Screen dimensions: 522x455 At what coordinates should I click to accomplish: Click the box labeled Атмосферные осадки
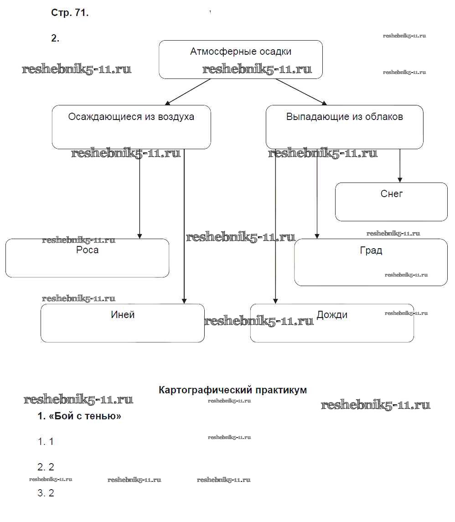click(241, 59)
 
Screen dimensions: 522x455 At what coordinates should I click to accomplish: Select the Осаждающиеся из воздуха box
click(131, 127)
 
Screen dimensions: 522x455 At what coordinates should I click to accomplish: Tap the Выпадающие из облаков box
click(344, 127)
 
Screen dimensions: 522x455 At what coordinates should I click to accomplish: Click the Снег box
click(391, 202)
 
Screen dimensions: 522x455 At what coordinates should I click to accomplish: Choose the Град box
click(371, 262)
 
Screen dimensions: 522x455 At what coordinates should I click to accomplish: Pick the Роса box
click(87, 258)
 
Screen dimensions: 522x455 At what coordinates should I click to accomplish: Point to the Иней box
click(122, 323)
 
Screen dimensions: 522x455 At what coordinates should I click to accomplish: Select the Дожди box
click(332, 323)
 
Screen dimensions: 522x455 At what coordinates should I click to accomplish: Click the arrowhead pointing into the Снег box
click(400, 179)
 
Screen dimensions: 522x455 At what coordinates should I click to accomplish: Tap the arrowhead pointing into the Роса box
click(140, 235)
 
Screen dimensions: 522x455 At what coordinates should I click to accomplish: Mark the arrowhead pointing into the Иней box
click(184, 301)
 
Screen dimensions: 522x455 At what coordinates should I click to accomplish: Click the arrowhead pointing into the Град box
click(317, 235)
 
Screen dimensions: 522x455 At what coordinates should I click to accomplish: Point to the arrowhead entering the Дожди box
click(275, 301)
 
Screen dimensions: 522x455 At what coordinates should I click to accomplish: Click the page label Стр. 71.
click(70, 13)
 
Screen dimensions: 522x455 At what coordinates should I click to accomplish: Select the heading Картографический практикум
click(233, 390)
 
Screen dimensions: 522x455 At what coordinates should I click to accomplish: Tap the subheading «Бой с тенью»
click(79, 416)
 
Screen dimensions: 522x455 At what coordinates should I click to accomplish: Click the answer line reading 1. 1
click(46, 442)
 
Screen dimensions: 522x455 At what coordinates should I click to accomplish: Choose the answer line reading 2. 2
click(46, 467)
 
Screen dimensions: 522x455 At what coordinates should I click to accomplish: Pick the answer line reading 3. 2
click(46, 493)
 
